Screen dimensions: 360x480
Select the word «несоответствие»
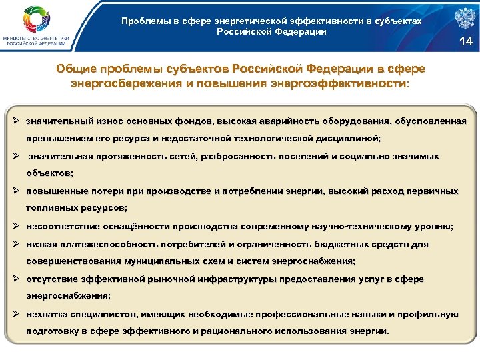point(59,226)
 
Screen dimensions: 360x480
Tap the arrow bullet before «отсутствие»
point(18,279)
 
